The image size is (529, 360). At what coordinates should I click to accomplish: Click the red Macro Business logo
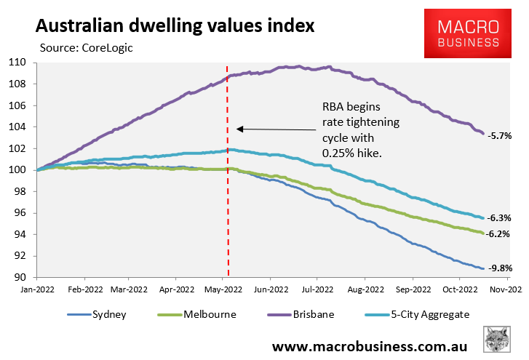[468, 34]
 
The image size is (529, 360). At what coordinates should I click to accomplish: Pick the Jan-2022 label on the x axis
[38, 289]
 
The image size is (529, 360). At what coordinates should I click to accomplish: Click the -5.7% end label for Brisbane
[501, 135]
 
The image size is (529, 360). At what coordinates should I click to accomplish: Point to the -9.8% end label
[501, 268]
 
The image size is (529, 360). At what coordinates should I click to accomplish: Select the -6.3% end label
[501, 217]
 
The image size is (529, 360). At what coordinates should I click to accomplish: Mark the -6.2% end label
[501, 234]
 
